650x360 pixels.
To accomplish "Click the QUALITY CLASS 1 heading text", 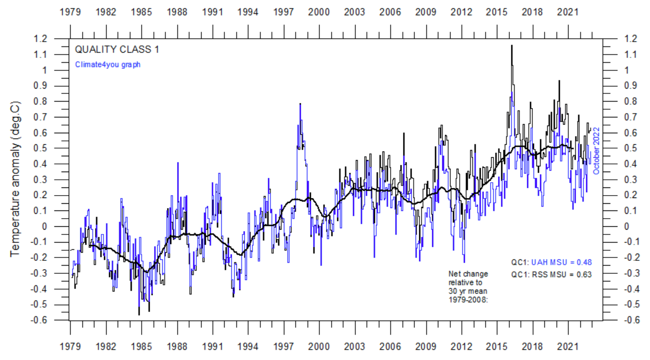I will click(x=117, y=49).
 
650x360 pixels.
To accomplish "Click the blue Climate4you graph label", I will click(x=107, y=64).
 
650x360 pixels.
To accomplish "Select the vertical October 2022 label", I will click(x=596, y=151).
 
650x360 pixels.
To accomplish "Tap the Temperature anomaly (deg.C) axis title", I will click(x=15, y=178).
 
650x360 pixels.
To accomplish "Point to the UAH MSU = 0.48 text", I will click(x=561, y=262).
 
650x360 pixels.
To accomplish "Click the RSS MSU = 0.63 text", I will click(x=561, y=275).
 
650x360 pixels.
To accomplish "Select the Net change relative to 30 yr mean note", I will click(x=468, y=287).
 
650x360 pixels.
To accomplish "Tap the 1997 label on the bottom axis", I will click(x=284, y=346).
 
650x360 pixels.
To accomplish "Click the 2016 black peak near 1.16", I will click(x=511, y=46).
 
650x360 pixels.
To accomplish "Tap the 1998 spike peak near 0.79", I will click(x=300, y=104).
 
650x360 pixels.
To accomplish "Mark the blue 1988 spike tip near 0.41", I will click(x=178, y=163).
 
